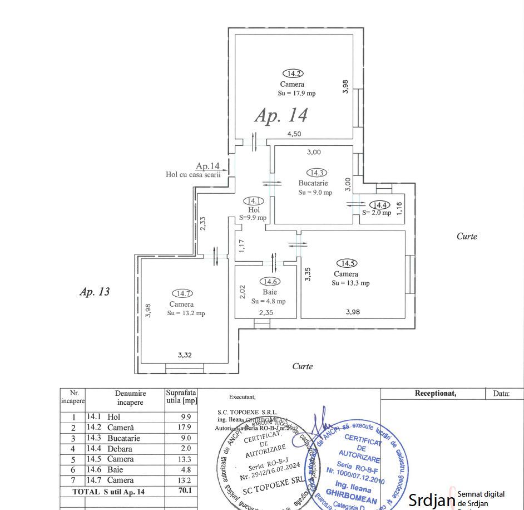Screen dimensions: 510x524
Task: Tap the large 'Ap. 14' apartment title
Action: pos(281,115)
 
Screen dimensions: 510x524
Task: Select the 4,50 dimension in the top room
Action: pos(294,134)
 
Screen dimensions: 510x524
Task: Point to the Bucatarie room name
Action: pos(313,183)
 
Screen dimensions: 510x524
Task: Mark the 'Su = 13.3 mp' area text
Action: pos(350,283)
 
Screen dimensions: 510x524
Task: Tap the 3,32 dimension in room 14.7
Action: pos(185,354)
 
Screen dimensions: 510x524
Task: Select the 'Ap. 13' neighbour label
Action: pos(95,292)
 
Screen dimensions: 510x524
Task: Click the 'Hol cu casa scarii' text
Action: pos(193,174)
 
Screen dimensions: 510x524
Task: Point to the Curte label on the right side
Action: pos(467,236)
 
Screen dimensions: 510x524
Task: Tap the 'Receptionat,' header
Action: pos(436,394)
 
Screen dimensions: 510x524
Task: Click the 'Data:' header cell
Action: pos(501,394)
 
